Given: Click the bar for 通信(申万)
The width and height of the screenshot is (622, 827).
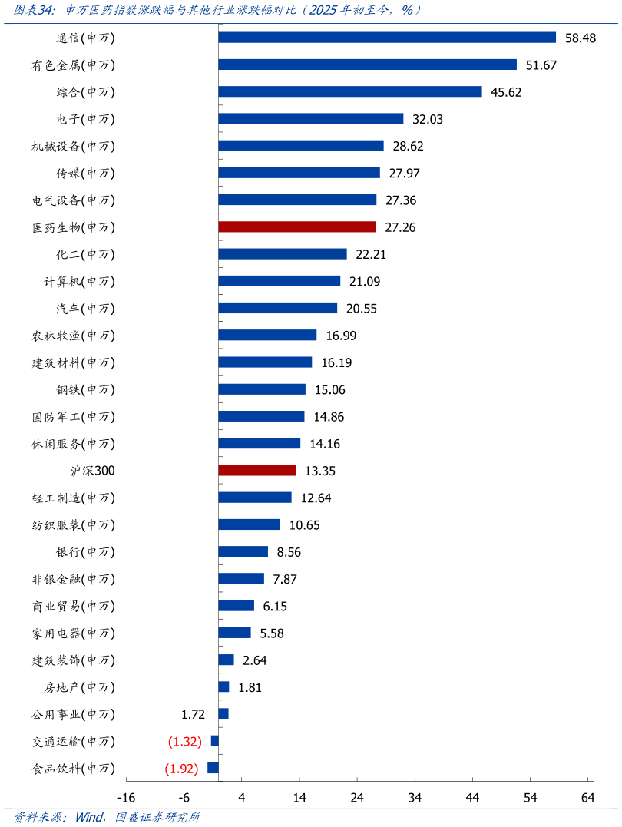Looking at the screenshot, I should (x=387, y=38).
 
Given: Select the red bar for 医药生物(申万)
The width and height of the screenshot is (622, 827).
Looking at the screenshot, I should (x=297, y=227).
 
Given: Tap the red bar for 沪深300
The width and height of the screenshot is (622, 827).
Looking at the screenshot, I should (x=256, y=471).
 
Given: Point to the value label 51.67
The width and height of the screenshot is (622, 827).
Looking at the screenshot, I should (x=541, y=65).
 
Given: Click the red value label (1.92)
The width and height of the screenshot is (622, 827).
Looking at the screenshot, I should (x=182, y=769).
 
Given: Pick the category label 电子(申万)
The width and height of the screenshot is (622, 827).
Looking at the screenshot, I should (x=85, y=119).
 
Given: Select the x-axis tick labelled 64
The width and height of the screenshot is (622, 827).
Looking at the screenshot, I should (x=588, y=798).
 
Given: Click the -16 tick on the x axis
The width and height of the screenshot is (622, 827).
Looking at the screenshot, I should (x=126, y=798).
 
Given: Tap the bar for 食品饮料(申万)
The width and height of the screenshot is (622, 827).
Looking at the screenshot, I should (x=213, y=768).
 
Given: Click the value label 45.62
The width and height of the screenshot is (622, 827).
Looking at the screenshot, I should (x=507, y=92).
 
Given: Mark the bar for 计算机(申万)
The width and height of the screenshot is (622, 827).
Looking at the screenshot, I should (x=279, y=281).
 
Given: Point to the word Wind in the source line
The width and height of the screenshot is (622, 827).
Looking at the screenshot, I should (x=89, y=817).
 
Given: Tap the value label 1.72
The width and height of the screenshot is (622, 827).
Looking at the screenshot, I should (x=193, y=714).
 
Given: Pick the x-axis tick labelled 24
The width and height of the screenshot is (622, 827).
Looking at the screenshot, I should (x=357, y=798).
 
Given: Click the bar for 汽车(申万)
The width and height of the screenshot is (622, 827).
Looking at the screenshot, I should (x=277, y=308).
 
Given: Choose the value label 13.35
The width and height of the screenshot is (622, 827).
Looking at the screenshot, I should (x=320, y=471).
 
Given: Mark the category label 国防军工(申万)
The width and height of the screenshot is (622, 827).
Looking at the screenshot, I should (x=74, y=417).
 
